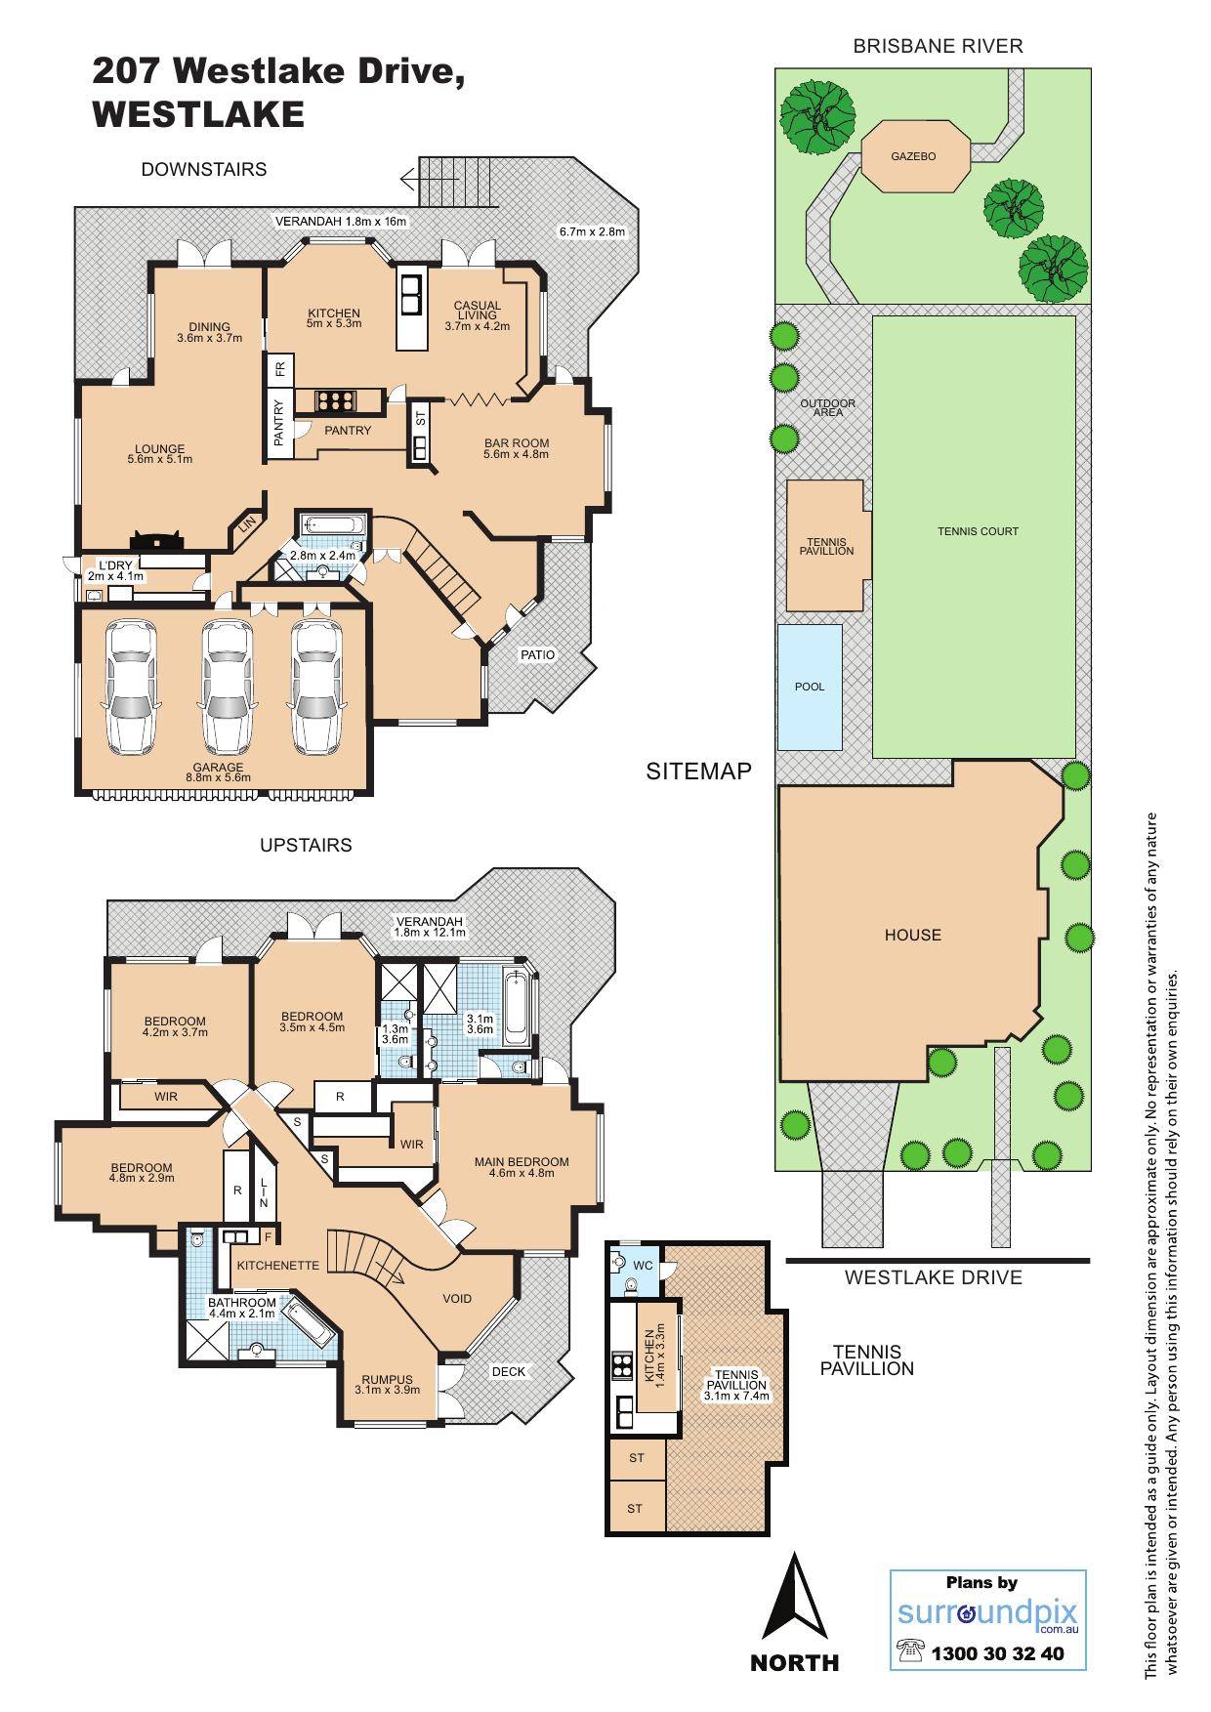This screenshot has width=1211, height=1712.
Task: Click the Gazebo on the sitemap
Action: [914, 156]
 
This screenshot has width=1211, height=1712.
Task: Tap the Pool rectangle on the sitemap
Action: [810, 687]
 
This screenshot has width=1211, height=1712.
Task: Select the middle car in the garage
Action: [226, 689]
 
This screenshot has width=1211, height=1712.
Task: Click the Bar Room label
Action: [517, 448]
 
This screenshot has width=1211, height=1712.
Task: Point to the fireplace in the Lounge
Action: [157, 540]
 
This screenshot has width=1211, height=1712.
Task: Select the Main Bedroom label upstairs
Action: [522, 1167]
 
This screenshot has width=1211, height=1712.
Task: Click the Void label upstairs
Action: [457, 1298]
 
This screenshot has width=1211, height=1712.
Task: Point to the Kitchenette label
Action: [278, 1265]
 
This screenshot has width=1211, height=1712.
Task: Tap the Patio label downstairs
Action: [537, 654]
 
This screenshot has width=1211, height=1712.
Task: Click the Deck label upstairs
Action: [508, 1371]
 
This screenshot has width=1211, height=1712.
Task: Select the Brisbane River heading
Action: [938, 45]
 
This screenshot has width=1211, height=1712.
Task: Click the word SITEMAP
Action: [698, 772]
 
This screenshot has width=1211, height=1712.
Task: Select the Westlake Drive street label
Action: [933, 1277]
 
